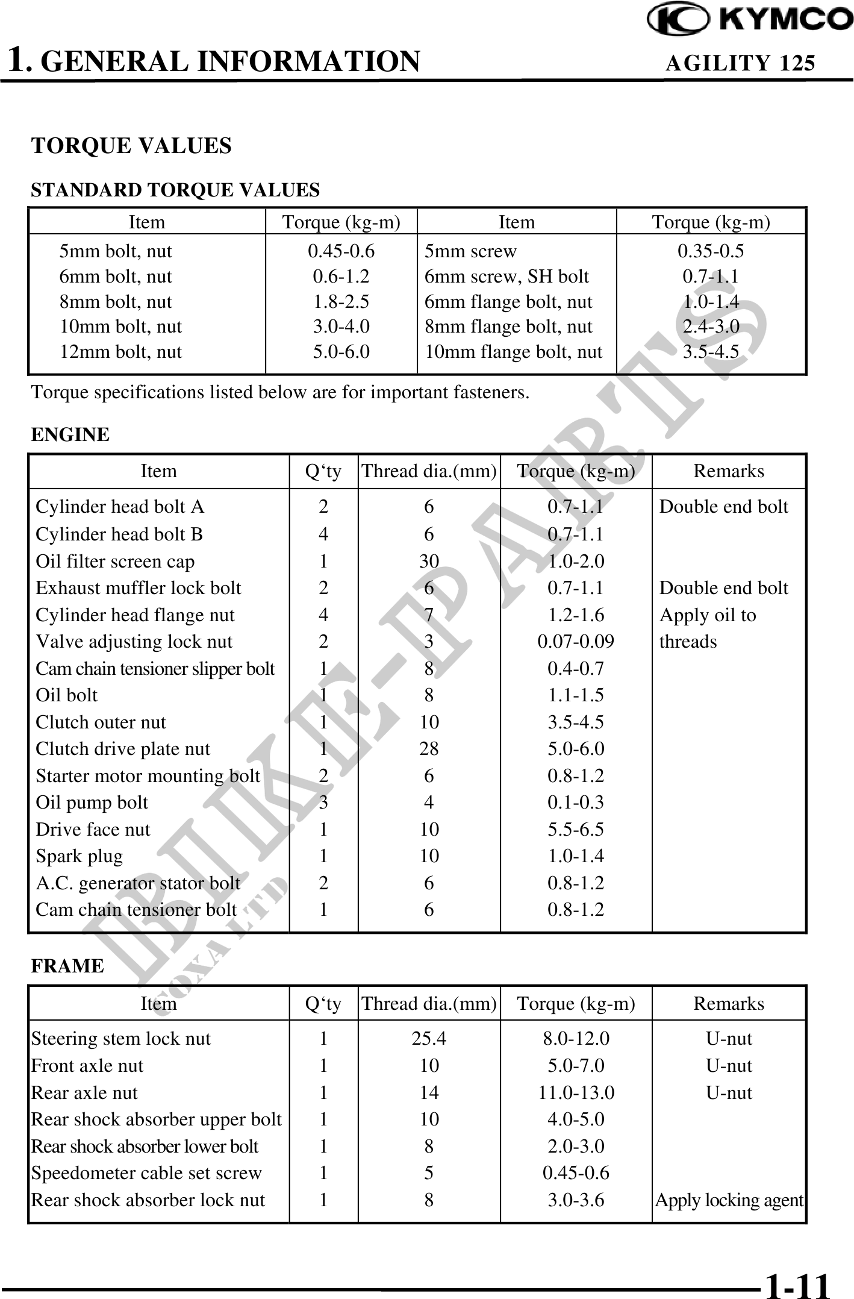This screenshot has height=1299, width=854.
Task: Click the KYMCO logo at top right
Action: coord(749,19)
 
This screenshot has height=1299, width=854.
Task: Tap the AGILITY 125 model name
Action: coord(740,63)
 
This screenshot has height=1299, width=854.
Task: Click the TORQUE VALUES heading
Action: coord(131,146)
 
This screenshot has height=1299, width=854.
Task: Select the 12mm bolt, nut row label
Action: coord(120,352)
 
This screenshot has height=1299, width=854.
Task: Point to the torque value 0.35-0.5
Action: coord(711,251)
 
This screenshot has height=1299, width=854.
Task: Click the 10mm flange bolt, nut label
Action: coord(513,352)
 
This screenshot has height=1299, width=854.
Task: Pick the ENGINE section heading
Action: coord(70,434)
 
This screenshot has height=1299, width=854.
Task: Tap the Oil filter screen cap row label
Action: coord(115,562)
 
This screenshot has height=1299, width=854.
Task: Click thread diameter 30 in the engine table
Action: coord(429,562)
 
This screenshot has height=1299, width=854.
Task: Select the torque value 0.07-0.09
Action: coord(576,642)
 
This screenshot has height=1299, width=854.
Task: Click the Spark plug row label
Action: coord(79,856)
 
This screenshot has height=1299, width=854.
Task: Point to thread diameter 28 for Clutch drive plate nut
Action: coord(429,749)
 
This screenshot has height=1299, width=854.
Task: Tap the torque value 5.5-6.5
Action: coord(576,830)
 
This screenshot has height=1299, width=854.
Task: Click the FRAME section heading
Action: coord(67,966)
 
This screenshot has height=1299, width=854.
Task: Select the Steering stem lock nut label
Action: coord(121,1039)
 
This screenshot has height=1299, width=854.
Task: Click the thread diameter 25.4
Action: coord(429,1039)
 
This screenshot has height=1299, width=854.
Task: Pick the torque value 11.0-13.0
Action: coord(576,1093)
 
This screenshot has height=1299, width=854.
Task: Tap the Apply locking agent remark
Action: coord(729,1200)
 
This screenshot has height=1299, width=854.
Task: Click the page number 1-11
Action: coord(797,1284)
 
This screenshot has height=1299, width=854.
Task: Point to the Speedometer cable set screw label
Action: coord(146,1173)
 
